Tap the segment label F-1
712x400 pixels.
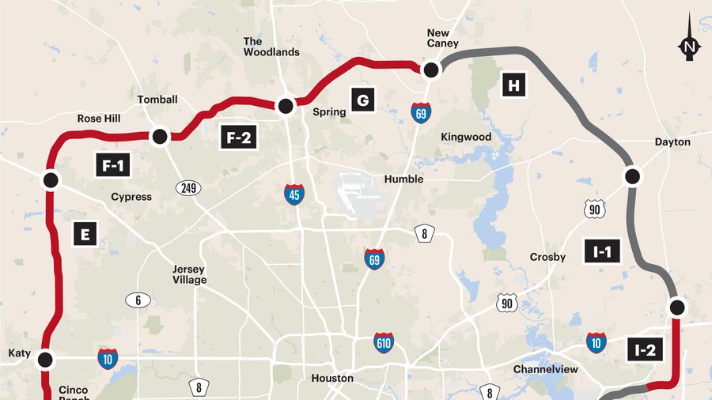point(111,166)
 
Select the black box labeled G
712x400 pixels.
point(362,100)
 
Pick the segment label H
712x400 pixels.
point(513,86)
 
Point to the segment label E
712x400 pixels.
point(85,234)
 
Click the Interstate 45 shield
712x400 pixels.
point(294,194)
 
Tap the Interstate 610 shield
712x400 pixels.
point(384,342)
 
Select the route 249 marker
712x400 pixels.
point(188,188)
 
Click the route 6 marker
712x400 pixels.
point(138,300)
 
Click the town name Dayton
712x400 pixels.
point(672,142)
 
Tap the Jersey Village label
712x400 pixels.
point(190,274)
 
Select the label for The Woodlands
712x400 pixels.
point(271,47)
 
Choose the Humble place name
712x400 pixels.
point(403,179)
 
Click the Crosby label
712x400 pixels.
point(548,257)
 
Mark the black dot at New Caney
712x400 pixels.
point(431,70)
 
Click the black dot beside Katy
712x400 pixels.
point(45,360)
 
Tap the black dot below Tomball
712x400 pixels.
point(159,137)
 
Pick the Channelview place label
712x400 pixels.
point(546,369)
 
